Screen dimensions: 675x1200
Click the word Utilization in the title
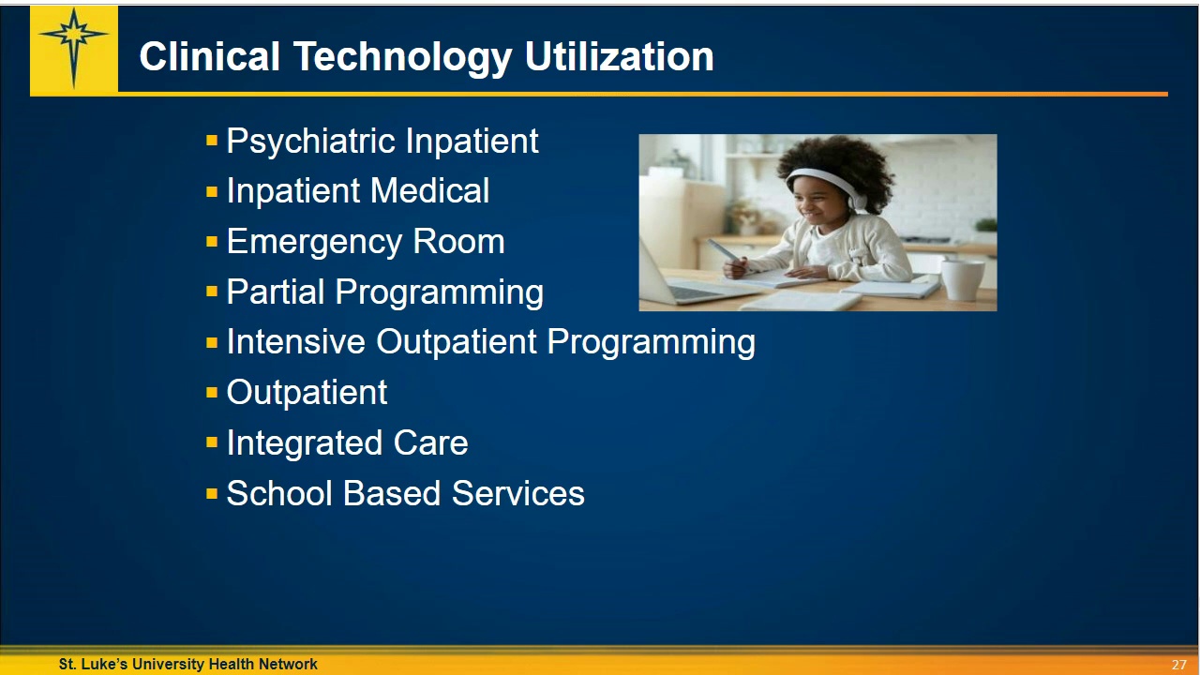(x=619, y=57)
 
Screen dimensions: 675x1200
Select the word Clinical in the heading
(x=209, y=57)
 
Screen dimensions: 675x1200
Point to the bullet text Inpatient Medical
(x=357, y=191)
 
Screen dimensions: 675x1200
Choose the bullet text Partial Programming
(x=384, y=292)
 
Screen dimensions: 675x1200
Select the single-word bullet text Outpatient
(x=307, y=393)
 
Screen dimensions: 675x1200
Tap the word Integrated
(x=304, y=443)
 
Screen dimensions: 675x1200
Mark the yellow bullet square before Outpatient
(x=212, y=393)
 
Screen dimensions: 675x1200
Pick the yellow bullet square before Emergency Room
(x=212, y=242)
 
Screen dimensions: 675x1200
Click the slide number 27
(x=1178, y=665)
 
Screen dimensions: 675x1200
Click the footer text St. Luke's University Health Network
(x=187, y=664)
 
